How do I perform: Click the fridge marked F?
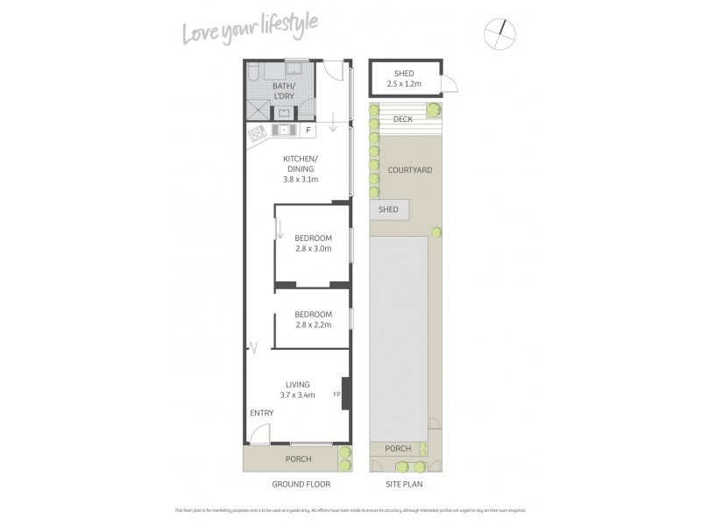[x=308, y=131]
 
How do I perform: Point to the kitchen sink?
[x=284, y=131]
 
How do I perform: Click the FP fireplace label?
[x=336, y=394]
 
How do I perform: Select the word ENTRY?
[x=261, y=414]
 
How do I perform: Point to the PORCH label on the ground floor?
[x=299, y=459]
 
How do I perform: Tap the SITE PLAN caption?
[x=405, y=483]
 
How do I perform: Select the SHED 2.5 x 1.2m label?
[x=405, y=79]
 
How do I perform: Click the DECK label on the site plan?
[x=403, y=118]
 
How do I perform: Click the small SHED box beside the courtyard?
[x=388, y=210]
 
